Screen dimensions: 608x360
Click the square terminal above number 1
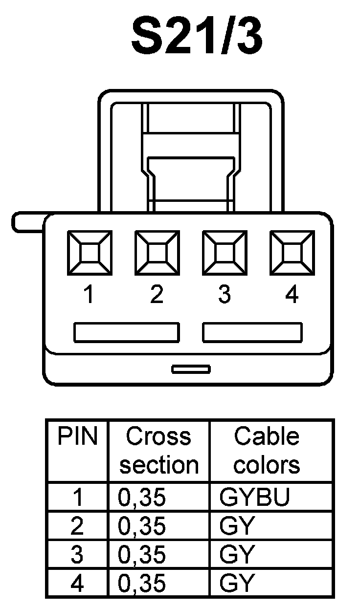coord(89,253)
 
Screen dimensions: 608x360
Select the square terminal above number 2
coord(157,253)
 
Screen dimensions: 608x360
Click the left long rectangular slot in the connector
coord(126,332)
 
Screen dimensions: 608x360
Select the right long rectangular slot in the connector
coord(252,332)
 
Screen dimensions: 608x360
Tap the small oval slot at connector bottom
coord(191,369)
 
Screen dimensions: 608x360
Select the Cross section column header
coord(159,450)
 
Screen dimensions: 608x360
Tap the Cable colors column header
coord(267,450)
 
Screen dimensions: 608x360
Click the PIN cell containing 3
coord(78,555)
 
